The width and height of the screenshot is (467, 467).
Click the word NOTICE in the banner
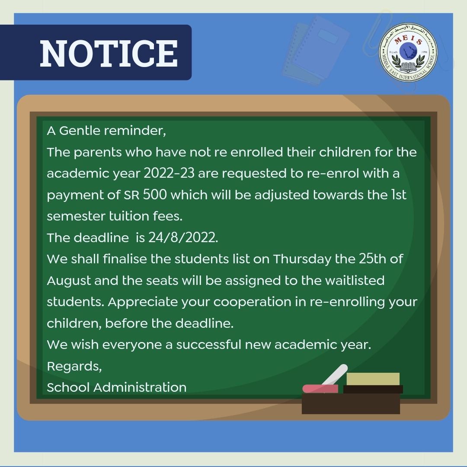109,53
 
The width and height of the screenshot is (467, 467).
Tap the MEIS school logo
408,53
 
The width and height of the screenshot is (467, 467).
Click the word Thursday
302,259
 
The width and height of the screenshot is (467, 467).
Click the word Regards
74,366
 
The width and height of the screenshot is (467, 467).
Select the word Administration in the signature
140,387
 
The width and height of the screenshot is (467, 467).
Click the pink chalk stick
320,388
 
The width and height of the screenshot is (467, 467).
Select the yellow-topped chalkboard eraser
373,382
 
